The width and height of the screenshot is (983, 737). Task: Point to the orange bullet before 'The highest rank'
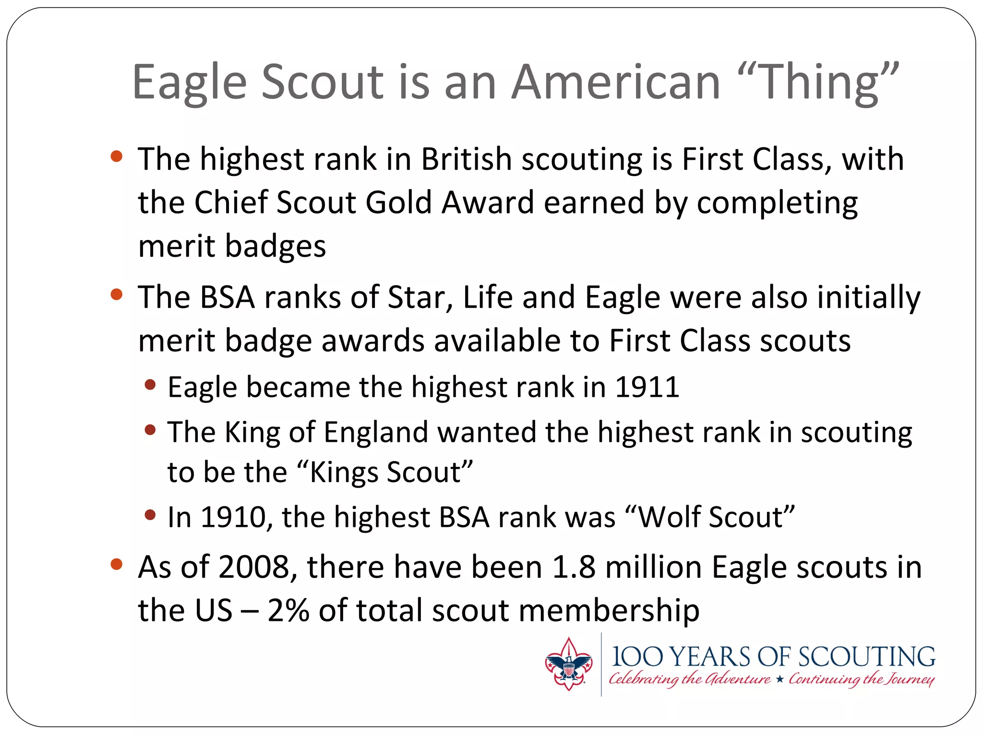pos(117,156)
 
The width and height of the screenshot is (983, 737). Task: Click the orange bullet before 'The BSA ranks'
pos(117,294)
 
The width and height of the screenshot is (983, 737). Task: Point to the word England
pos(375,432)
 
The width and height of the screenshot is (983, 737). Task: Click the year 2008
pos(254,567)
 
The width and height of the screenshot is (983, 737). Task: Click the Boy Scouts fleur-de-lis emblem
pos(568,665)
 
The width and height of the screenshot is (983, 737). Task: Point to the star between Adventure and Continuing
pos(779,679)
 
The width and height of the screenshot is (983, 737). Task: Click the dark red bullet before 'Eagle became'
pos(150,384)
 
